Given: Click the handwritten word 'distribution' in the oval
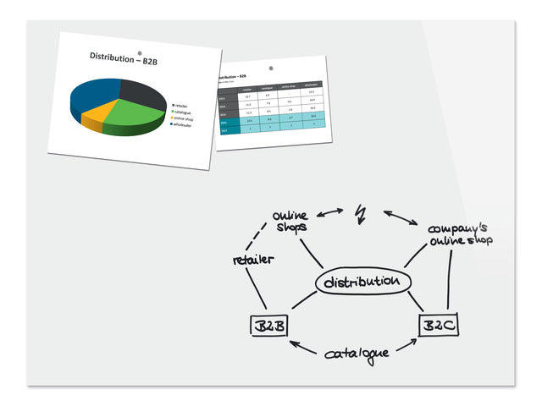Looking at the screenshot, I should (x=362, y=281).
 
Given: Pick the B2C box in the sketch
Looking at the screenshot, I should (x=440, y=326).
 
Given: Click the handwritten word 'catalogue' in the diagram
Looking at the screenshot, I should (x=357, y=350).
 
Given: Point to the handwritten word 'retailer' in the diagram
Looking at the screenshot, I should (x=253, y=260).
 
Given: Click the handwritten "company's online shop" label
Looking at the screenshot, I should (x=460, y=234).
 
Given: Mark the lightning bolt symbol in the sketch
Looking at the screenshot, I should (x=362, y=215).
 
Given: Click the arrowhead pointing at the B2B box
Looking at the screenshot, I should (x=292, y=343).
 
